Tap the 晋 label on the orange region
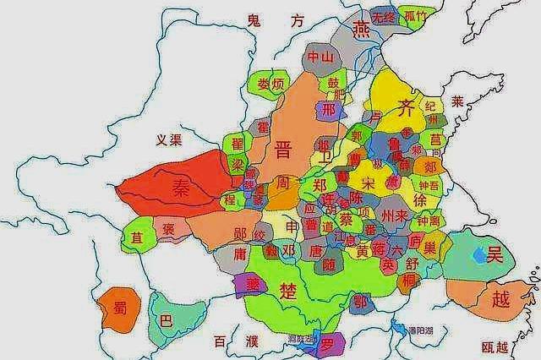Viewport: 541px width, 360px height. click(x=284, y=150)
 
